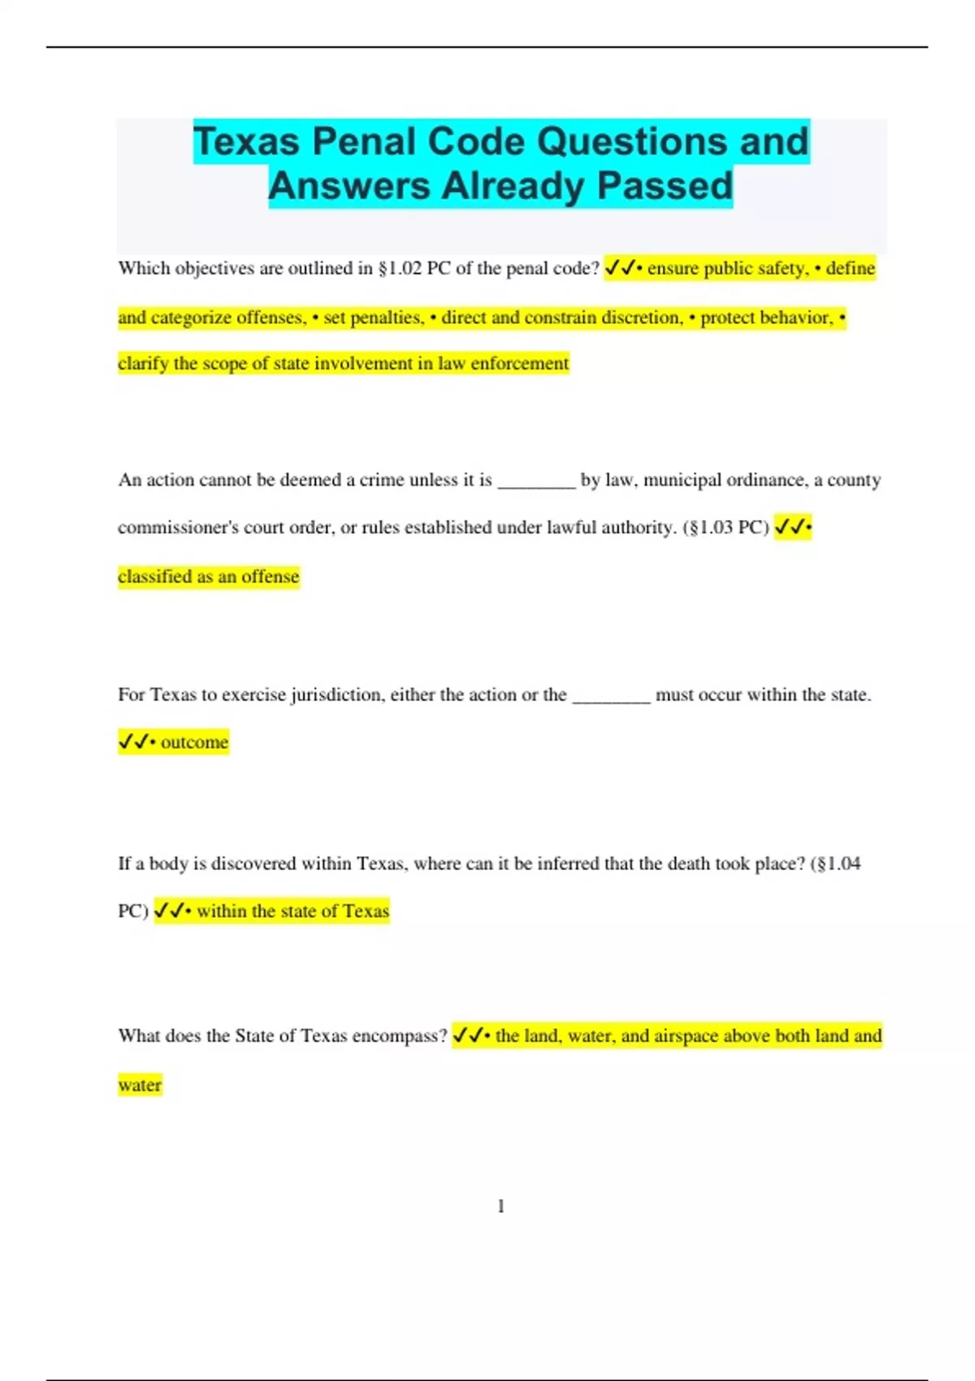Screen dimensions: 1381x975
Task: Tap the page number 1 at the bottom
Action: (x=500, y=1206)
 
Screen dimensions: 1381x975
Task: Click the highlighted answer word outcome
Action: (x=194, y=742)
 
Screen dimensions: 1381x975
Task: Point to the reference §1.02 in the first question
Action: (x=400, y=268)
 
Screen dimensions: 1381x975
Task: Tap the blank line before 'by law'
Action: (x=536, y=480)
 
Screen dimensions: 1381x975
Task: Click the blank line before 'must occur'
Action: (x=611, y=695)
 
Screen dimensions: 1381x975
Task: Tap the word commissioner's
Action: (x=178, y=527)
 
